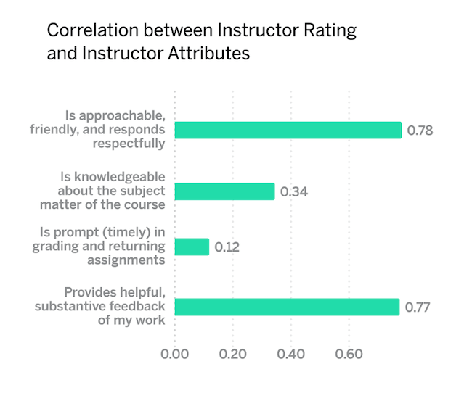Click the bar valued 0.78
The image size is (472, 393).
(288, 131)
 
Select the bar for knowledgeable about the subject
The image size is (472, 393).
(224, 191)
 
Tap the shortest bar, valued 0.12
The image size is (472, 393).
(192, 247)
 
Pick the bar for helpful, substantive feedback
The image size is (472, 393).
(287, 307)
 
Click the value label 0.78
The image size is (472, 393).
(420, 131)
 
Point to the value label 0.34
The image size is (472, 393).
(293, 191)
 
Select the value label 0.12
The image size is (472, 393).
(227, 247)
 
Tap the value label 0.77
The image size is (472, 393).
(418, 307)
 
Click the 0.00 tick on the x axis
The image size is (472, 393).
(175, 355)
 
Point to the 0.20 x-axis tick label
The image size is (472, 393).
(232, 355)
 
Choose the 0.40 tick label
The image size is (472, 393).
(290, 355)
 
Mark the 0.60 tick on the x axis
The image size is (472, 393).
(349, 355)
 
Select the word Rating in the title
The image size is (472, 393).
(334, 31)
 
